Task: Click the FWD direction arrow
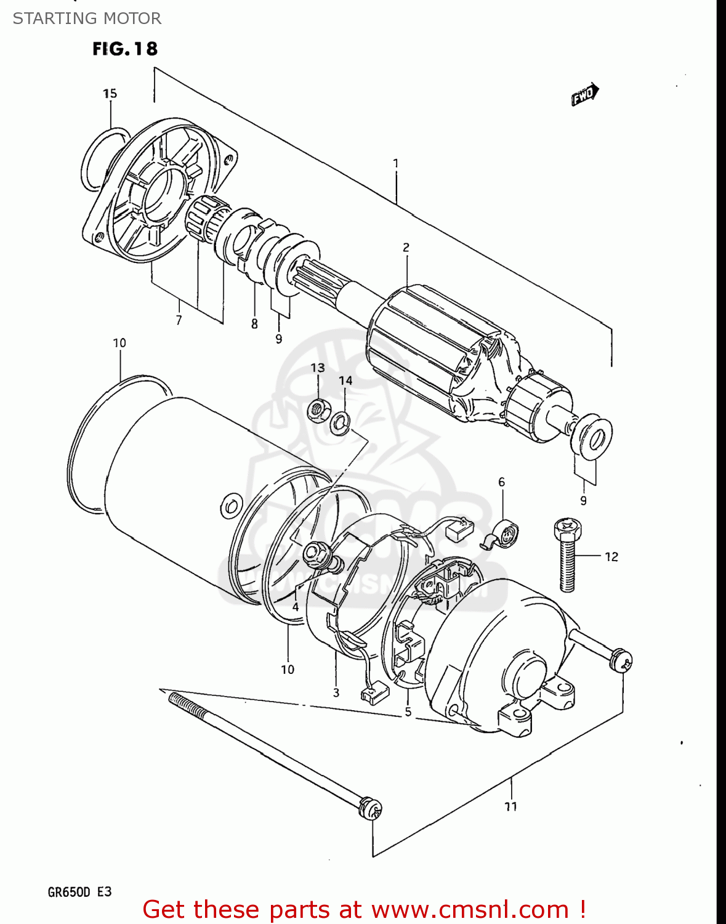584,94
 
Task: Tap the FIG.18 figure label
125,49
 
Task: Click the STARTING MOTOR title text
87,18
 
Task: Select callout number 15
110,94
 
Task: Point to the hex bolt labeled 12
567,554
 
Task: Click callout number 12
611,557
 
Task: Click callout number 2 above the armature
406,248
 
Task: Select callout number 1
395,164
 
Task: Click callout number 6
501,482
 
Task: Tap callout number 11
510,806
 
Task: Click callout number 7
179,320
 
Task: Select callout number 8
254,324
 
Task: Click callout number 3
336,692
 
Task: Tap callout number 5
408,712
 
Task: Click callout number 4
296,607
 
